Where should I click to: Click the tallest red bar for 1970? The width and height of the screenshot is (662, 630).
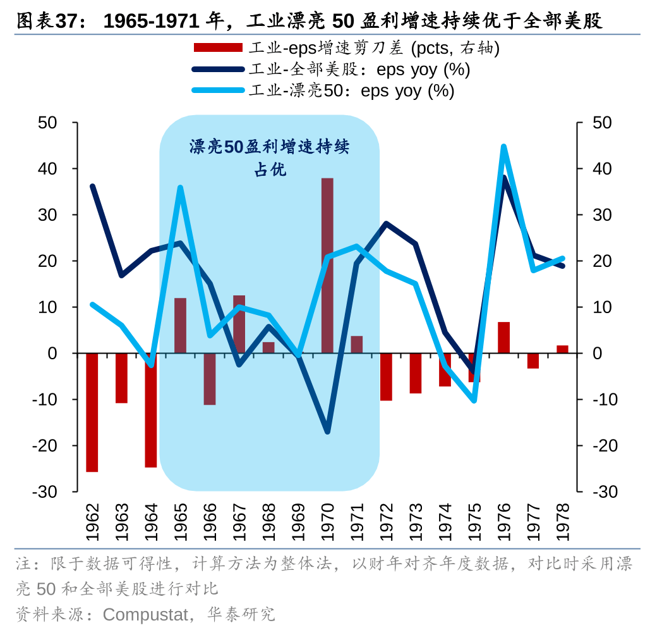point(327,265)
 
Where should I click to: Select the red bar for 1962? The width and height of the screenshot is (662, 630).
point(92,412)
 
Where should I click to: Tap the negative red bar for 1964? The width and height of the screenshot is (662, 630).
point(151,410)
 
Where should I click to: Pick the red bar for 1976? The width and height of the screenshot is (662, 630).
point(503,337)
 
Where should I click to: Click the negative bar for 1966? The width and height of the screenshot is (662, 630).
point(210,378)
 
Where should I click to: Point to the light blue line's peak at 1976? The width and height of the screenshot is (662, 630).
point(503,147)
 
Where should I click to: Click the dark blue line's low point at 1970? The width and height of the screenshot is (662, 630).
point(327,431)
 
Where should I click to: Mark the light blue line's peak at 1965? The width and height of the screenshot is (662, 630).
point(180,188)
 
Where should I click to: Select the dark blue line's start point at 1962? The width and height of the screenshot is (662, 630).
point(92,187)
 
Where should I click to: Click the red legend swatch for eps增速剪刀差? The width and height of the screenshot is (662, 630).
point(218,48)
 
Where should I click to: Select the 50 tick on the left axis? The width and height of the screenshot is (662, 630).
point(48,123)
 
